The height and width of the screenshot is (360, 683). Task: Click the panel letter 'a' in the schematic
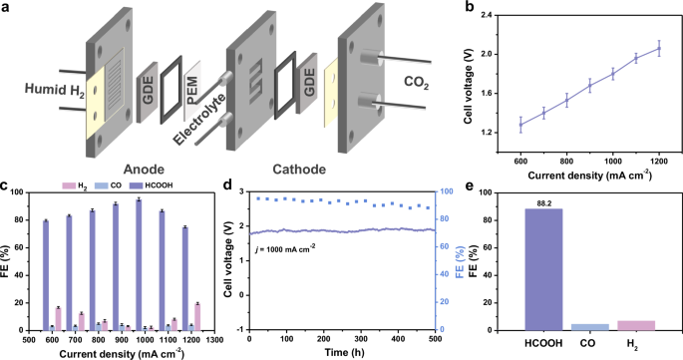coord(6,8)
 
